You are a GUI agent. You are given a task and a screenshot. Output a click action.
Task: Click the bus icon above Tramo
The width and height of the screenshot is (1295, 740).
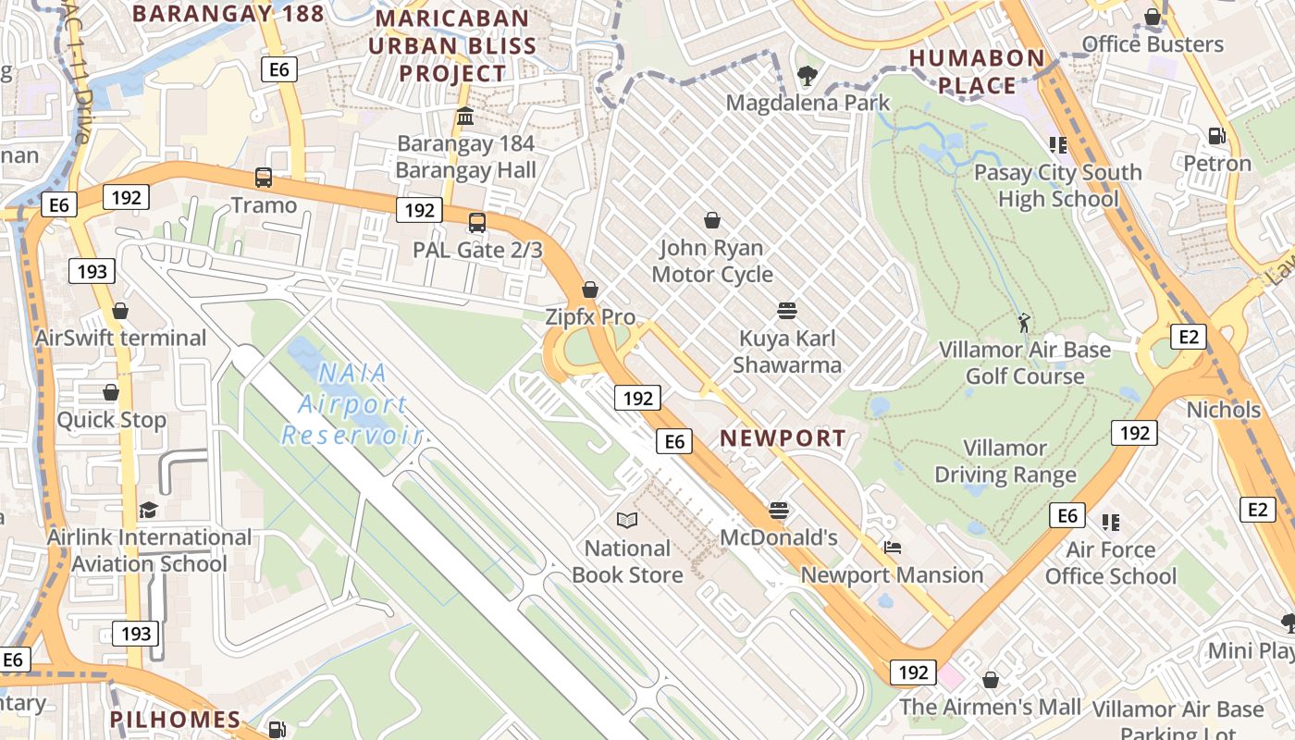tap(264, 177)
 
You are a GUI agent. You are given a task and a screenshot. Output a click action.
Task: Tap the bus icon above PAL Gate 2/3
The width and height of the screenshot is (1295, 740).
tap(477, 222)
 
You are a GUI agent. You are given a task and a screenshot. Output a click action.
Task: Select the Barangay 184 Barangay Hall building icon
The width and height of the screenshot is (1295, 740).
tap(465, 117)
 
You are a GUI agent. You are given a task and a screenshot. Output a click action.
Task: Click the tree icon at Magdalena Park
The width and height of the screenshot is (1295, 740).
tap(808, 75)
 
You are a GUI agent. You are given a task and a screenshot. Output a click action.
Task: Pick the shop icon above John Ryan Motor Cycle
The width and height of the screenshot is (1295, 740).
tap(712, 220)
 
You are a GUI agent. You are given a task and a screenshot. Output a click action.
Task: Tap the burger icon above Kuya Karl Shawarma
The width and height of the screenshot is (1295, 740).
tap(787, 310)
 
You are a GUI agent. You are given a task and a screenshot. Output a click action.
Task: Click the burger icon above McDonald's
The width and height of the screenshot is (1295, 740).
tap(779, 510)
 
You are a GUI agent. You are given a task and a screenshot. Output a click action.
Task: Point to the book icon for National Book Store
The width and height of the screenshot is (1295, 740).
tap(627, 521)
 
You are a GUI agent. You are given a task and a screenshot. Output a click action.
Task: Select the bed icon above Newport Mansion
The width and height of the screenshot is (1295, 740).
tap(892, 548)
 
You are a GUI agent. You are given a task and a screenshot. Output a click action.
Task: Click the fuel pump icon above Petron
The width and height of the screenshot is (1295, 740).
tap(1216, 136)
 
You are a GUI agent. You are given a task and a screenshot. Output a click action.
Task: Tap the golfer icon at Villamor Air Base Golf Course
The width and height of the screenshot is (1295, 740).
tap(1023, 323)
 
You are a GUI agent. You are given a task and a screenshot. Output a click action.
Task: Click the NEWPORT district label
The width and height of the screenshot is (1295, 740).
tap(783, 438)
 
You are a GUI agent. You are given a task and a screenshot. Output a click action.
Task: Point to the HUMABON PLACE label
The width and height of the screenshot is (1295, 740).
tap(977, 71)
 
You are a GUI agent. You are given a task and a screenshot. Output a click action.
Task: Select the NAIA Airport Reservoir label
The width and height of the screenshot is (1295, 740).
tap(351, 404)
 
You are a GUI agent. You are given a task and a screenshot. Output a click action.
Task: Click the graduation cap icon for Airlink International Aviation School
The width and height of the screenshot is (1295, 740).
tap(148, 510)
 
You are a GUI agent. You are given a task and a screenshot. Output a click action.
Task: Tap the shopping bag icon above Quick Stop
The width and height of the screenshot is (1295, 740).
tap(111, 392)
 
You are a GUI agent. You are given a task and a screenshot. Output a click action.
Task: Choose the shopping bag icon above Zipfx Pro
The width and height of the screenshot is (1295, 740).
tap(590, 290)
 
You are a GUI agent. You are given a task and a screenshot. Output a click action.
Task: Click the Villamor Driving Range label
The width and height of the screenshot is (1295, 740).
tap(1005, 462)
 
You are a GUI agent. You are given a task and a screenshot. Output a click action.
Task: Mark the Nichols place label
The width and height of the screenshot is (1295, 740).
tap(1223, 410)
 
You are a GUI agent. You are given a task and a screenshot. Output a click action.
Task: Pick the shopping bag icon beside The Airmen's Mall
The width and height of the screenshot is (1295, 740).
tap(991, 680)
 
